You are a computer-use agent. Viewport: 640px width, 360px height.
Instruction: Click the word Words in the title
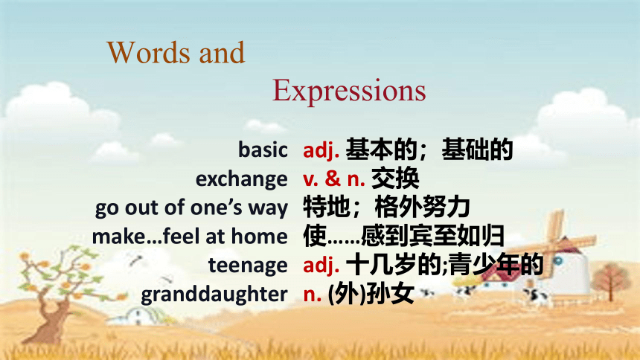click(x=149, y=52)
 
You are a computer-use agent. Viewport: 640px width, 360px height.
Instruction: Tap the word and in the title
click(x=222, y=52)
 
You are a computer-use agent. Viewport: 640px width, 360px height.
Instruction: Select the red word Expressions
click(x=349, y=91)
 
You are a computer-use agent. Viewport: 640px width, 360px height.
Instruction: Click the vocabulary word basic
click(x=263, y=150)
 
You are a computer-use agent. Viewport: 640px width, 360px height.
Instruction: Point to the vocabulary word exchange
click(x=242, y=179)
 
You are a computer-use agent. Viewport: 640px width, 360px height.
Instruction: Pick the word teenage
click(x=248, y=266)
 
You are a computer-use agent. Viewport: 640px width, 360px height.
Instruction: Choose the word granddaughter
click(x=214, y=294)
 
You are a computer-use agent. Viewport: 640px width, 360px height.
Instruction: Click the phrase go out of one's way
click(x=191, y=208)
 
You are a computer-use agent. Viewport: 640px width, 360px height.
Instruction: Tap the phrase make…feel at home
click(x=190, y=237)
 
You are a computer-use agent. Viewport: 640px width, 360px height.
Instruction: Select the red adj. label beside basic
click(x=321, y=150)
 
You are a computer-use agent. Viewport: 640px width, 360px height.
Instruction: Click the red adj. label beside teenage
click(x=321, y=266)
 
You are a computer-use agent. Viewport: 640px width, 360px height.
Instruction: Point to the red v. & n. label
click(x=334, y=179)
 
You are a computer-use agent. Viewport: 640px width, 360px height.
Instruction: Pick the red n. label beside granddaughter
click(x=313, y=295)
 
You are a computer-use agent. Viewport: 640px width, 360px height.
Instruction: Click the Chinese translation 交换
click(x=395, y=179)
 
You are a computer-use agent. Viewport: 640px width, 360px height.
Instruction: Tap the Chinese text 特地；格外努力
click(x=386, y=208)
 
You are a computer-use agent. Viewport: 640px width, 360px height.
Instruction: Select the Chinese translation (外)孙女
click(x=371, y=294)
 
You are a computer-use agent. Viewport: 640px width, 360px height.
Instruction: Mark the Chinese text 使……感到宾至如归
click(x=403, y=236)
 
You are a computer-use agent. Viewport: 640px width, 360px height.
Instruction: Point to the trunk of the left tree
click(x=52, y=318)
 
